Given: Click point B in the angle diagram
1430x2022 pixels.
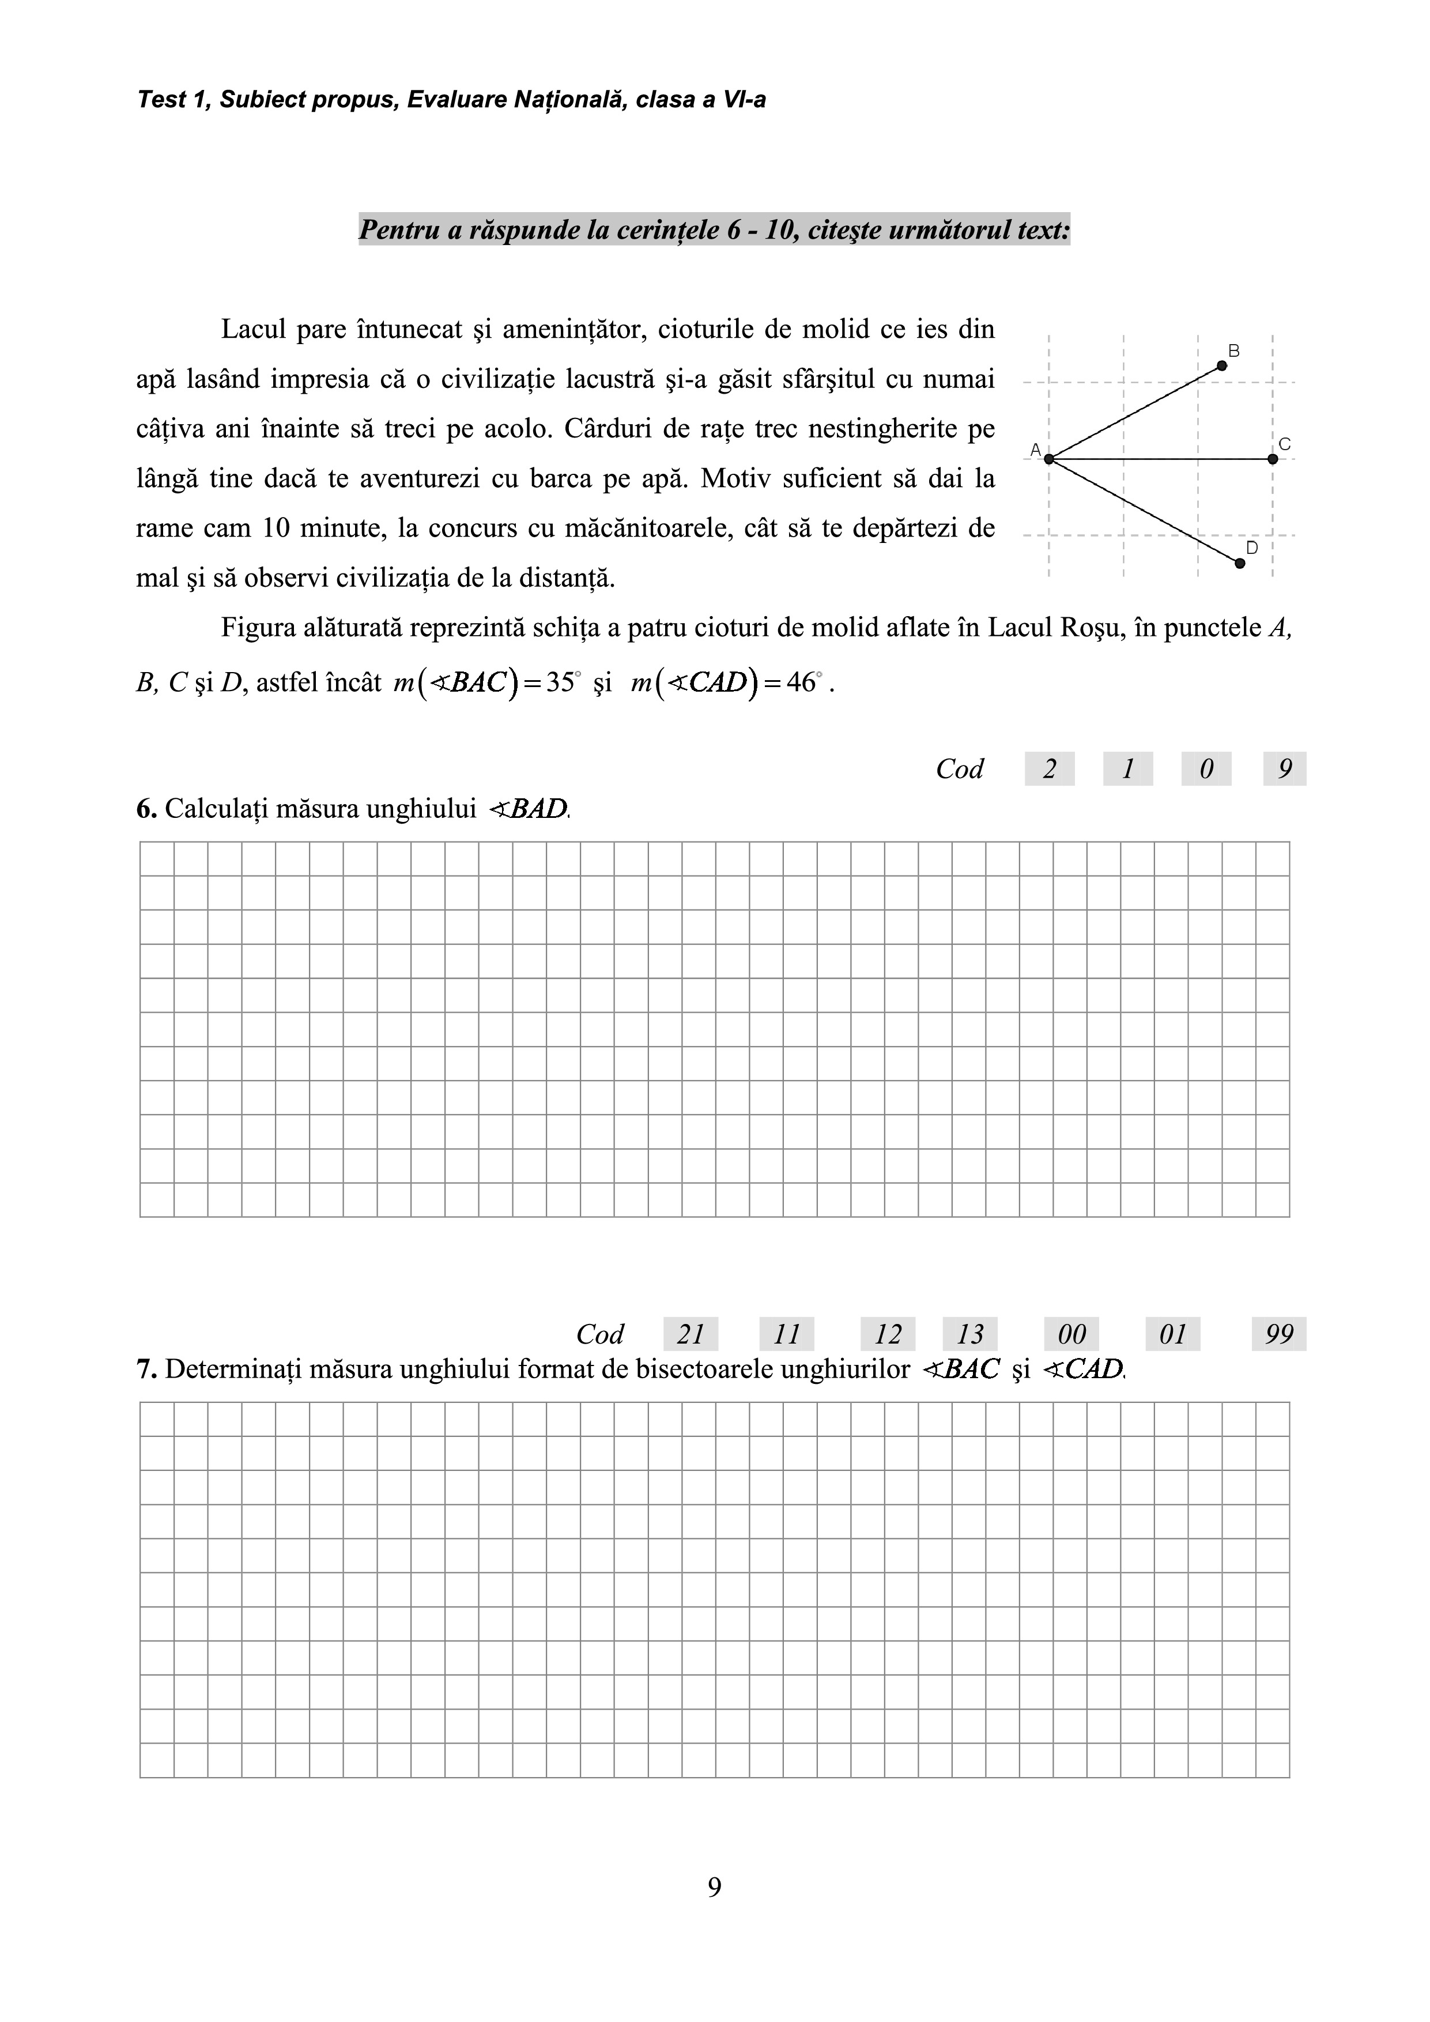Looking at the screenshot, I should click(1222, 365).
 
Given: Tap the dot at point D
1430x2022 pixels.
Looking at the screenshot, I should click(1240, 563).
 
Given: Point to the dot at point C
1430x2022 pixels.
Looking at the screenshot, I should click(1273, 459).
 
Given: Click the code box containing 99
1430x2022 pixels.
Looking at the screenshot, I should click(1278, 1334).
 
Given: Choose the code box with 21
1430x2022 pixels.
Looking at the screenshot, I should click(691, 1334).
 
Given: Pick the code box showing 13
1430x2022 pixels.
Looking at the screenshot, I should click(969, 1334).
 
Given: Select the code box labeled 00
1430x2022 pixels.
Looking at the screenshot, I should click(1071, 1334).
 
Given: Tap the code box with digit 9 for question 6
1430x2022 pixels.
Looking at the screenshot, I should click(1285, 769).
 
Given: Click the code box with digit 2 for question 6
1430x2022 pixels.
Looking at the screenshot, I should click(1049, 769).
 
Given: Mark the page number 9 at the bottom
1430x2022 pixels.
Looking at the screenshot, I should click(714, 1887).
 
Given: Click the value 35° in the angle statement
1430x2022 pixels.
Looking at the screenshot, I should click(561, 682).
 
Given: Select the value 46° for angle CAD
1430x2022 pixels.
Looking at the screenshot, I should click(802, 682).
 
